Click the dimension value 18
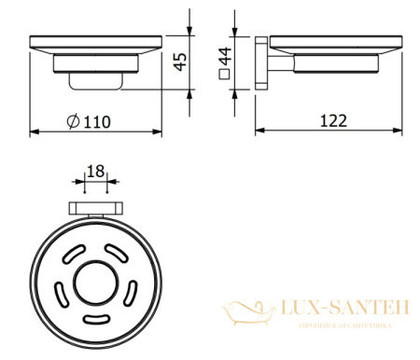[94, 172]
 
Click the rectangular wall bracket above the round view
[94, 209]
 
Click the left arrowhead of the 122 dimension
[258, 132]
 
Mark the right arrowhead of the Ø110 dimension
[159, 132]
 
